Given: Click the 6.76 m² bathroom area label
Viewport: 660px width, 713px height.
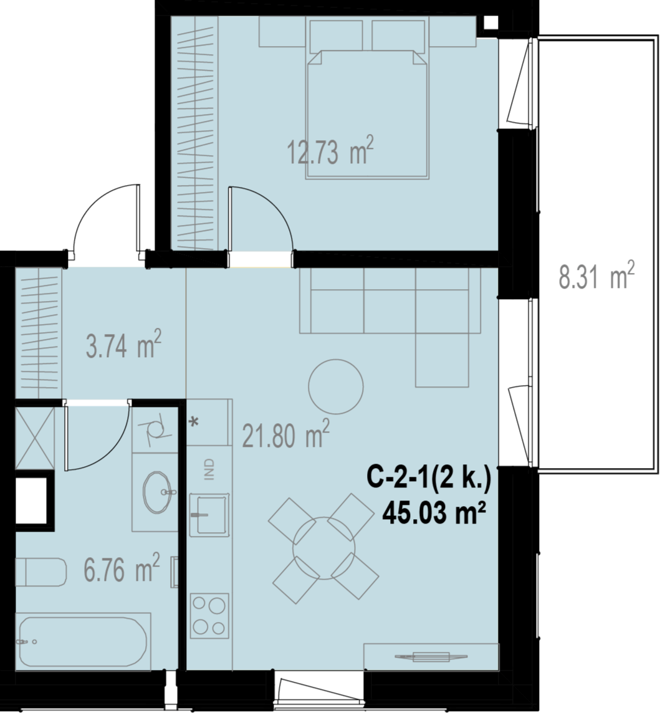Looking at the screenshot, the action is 122,567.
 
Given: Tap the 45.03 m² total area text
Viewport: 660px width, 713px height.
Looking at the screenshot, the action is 434,514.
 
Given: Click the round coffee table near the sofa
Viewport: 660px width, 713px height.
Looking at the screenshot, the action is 336,386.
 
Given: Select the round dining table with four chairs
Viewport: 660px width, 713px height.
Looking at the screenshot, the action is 323,549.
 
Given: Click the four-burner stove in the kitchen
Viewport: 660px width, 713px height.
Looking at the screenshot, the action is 209,615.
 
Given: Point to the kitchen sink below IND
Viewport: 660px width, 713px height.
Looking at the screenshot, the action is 209,514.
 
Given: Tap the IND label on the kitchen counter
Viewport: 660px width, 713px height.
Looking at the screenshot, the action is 209,469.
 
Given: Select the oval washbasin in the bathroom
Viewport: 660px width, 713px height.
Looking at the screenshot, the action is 158,492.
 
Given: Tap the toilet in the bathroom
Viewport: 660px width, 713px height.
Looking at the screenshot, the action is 41,572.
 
